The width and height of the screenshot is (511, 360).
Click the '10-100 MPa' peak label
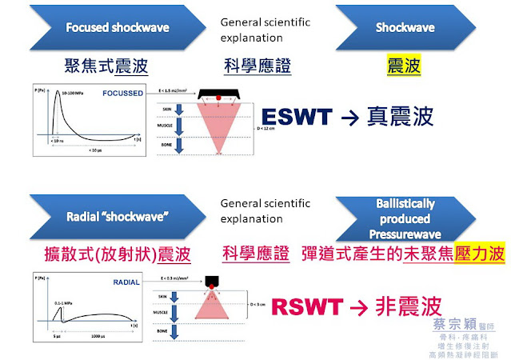click(70, 94)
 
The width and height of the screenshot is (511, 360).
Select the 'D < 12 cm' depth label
click(259, 126)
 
